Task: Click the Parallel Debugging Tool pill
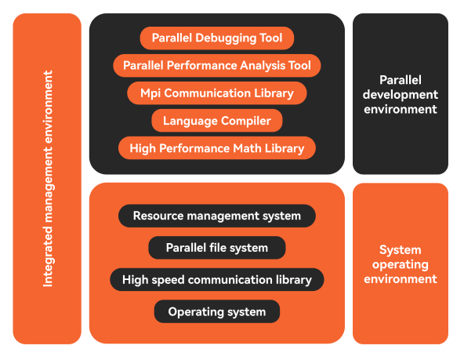pyautogui.click(x=217, y=38)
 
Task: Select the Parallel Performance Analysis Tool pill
pyautogui.click(x=217, y=66)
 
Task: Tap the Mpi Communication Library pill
pyautogui.click(x=217, y=93)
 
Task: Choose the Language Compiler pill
pyautogui.click(x=217, y=121)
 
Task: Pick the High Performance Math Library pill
pyautogui.click(x=217, y=148)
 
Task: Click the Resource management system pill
pyautogui.click(x=217, y=216)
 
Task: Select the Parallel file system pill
pyautogui.click(x=217, y=248)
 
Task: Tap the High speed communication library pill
pyautogui.click(x=217, y=280)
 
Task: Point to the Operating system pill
pyautogui.click(x=217, y=311)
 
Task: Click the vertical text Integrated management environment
pyautogui.click(x=48, y=179)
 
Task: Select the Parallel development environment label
pyautogui.click(x=401, y=94)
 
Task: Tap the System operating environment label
pyautogui.click(x=401, y=264)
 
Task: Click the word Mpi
pyautogui.click(x=150, y=93)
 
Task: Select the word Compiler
pyautogui.click(x=246, y=121)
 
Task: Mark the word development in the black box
pyautogui.click(x=401, y=95)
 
